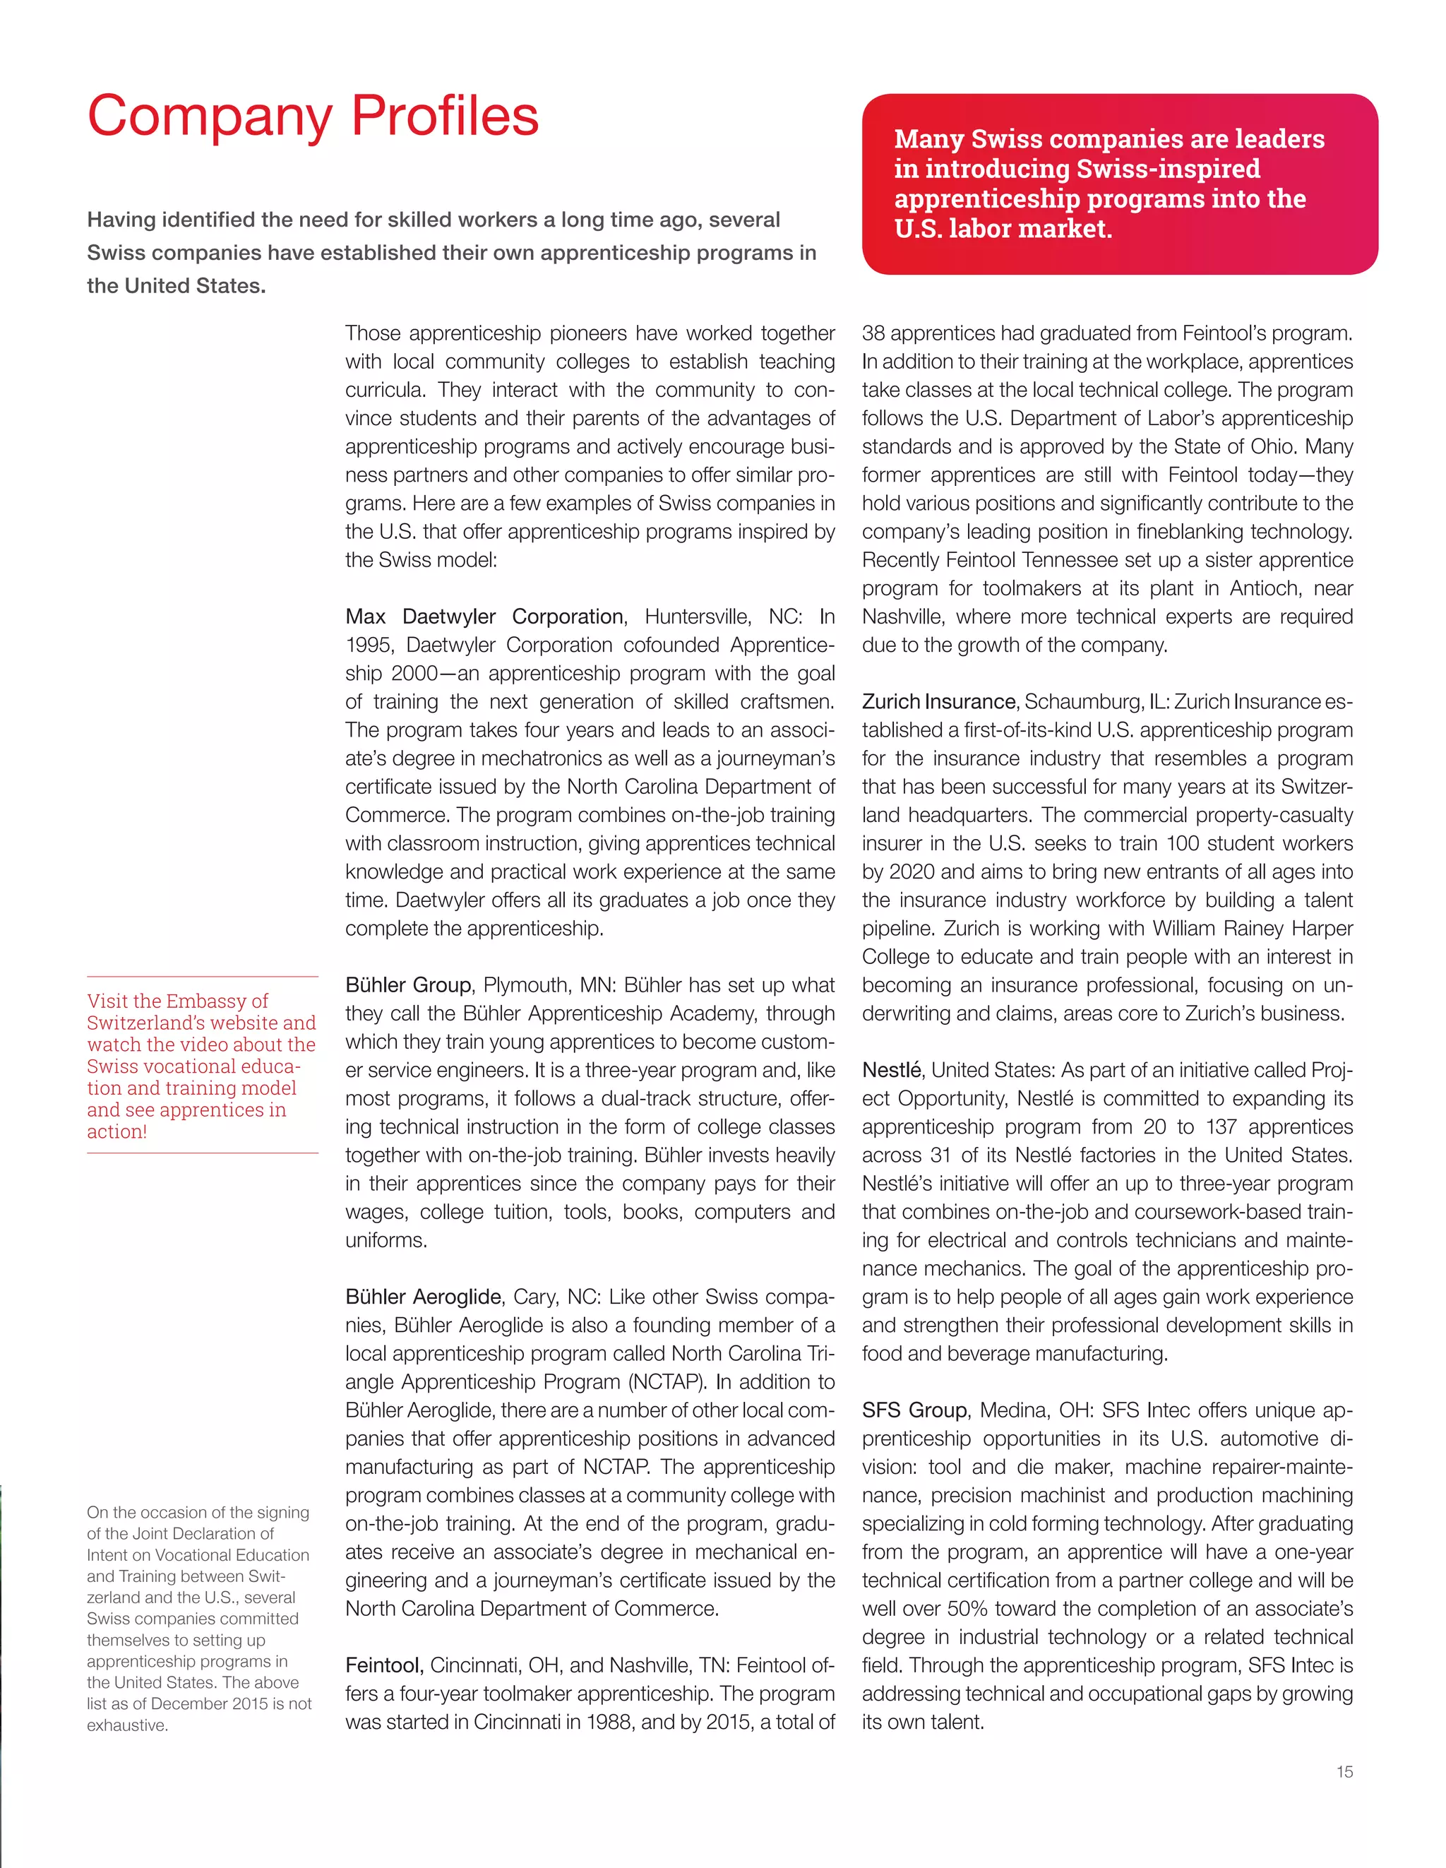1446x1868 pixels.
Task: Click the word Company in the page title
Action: point(210,117)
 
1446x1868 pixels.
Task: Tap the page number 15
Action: point(1344,1771)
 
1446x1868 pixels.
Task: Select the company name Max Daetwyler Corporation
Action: point(484,617)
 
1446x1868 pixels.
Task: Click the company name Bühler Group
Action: point(408,985)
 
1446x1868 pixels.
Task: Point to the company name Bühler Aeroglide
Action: point(424,1297)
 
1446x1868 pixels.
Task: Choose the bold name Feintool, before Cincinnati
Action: point(384,1665)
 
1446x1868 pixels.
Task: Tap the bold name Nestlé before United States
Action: point(891,1070)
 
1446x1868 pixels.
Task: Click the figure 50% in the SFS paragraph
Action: point(967,1609)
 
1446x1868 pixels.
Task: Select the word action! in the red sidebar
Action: point(117,1131)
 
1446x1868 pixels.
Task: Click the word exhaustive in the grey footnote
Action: point(126,1725)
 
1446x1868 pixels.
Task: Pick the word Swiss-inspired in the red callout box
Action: point(1168,169)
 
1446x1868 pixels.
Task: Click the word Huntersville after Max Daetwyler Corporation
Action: point(696,617)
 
